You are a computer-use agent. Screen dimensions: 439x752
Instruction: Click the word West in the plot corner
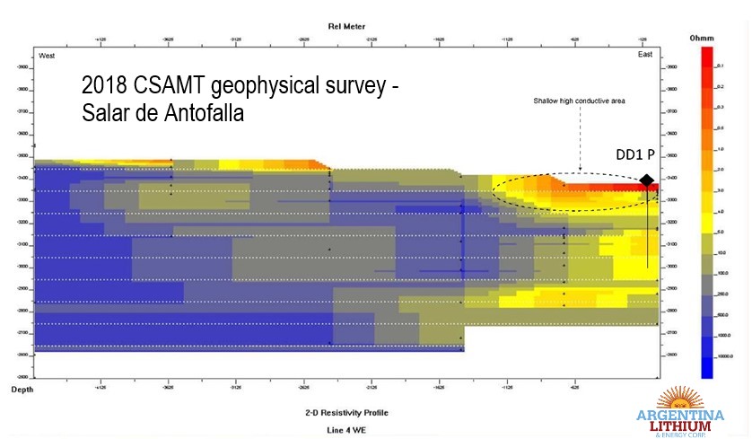(48, 56)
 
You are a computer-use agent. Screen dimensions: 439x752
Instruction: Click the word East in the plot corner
(645, 56)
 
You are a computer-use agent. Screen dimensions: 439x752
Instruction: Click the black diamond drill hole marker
(646, 180)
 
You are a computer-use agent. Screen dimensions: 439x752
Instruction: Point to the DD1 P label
(634, 154)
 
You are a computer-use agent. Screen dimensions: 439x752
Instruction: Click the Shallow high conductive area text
(579, 101)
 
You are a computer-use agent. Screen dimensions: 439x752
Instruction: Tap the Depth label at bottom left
(22, 389)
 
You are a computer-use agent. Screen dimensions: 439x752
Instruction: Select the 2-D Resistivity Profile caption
(345, 414)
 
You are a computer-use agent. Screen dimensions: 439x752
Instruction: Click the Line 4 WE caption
(345, 430)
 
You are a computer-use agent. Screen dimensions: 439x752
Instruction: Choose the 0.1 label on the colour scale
(719, 66)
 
